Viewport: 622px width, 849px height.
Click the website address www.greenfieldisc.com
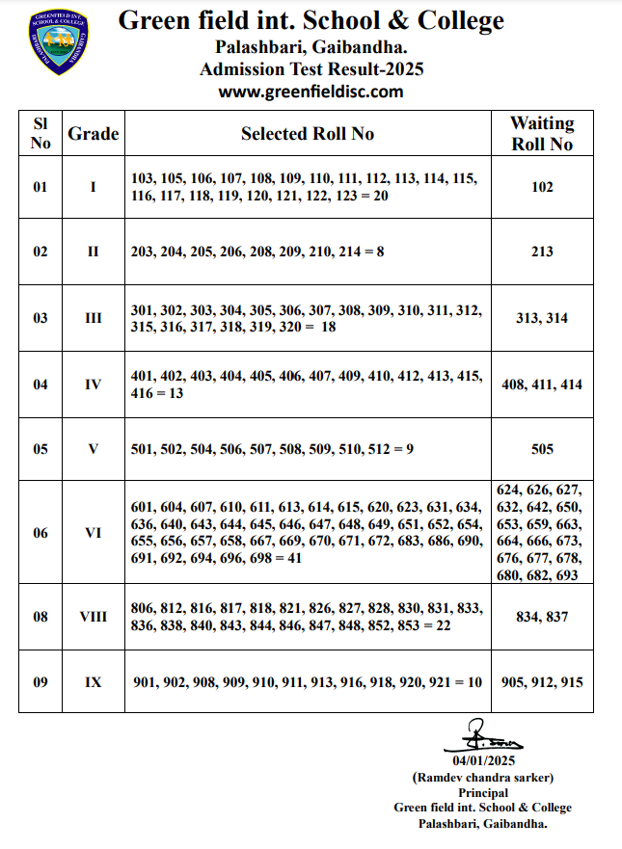[311, 92]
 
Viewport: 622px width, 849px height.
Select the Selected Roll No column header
[308, 134]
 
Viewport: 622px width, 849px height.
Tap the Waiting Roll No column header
[542, 134]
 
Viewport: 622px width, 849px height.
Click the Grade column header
[94, 134]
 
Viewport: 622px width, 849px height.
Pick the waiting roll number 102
[542, 187]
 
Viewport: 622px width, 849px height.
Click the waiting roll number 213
[542, 252]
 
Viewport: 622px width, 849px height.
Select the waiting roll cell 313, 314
[542, 318]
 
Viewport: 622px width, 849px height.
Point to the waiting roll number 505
[542, 449]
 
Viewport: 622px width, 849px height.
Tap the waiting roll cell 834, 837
[542, 617]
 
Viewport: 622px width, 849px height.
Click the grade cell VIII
[94, 617]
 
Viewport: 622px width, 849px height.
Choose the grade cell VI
[94, 532]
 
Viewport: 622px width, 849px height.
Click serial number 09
[41, 682]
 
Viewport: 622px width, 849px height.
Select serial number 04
[41, 384]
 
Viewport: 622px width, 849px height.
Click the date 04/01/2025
[483, 761]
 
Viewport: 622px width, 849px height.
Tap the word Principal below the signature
[483, 792]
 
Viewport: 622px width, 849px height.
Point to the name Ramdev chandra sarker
[483, 777]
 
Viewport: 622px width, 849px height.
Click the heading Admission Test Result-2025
[311, 69]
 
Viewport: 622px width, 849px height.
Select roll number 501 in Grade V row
[143, 449]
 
